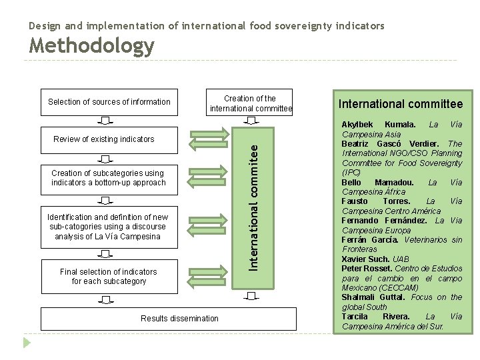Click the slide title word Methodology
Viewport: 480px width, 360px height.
92,46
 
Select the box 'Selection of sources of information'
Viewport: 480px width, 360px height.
109,102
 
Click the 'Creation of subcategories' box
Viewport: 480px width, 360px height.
109,178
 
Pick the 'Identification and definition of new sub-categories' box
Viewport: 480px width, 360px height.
109,226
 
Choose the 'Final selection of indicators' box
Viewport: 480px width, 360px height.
109,276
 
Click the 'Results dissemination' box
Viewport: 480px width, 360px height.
179,318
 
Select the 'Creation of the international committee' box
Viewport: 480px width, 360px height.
251,103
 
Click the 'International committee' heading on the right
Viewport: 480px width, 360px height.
400,103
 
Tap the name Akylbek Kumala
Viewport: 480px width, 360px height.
379,125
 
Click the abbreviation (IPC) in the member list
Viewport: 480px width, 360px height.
351,171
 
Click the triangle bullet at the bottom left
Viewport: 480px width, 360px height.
27,343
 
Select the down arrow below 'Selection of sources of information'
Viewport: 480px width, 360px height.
107,121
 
